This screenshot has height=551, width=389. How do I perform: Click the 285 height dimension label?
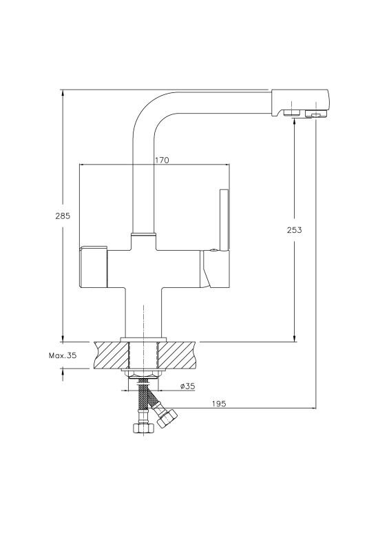(63, 216)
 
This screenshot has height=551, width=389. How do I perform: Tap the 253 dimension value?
(294, 230)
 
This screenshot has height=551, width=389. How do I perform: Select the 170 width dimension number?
(162, 160)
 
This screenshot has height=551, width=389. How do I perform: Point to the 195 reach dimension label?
(218, 404)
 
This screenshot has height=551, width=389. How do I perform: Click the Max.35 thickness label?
(63, 355)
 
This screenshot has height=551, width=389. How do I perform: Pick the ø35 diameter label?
(187, 386)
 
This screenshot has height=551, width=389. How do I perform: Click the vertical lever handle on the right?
(224, 220)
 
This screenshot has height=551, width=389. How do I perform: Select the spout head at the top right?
(300, 103)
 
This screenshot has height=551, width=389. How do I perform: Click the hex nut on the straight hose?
(143, 428)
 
